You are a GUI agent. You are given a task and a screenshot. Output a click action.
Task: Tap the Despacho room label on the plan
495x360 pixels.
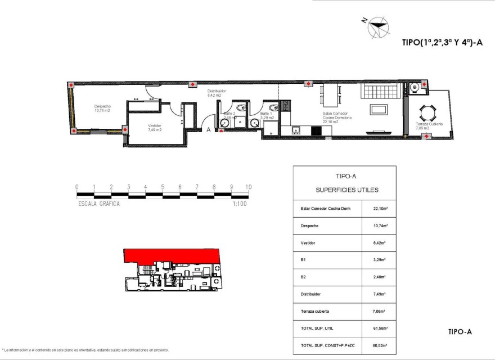click(102, 108)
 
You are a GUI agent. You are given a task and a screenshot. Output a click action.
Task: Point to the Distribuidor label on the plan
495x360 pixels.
click(217, 93)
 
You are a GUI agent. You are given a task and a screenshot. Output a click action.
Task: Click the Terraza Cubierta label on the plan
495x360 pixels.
click(429, 125)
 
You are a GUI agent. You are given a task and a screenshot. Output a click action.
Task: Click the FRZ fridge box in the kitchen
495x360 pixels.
click(285, 105)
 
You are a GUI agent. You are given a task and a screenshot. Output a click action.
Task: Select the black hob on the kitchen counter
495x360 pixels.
click(317, 130)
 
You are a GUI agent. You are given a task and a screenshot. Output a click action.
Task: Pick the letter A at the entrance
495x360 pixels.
click(209, 129)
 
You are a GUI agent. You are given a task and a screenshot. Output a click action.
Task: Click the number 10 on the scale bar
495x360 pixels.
click(248, 187)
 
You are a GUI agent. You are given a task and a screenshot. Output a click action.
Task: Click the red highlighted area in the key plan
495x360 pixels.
click(169, 255)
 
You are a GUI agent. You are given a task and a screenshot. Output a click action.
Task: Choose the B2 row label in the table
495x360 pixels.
click(304, 277)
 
